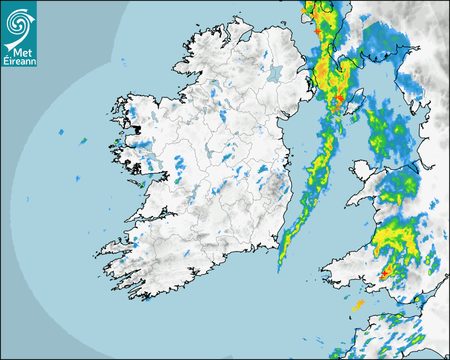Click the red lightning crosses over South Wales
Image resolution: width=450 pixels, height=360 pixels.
coord(384,274)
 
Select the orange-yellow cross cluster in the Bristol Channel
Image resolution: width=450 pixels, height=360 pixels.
coord(358,305)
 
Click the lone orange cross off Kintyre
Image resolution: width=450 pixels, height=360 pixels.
coord(317,31)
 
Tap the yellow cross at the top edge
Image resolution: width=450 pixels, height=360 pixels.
coord(303,10)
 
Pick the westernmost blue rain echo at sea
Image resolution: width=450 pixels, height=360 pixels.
coord(61,131)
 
